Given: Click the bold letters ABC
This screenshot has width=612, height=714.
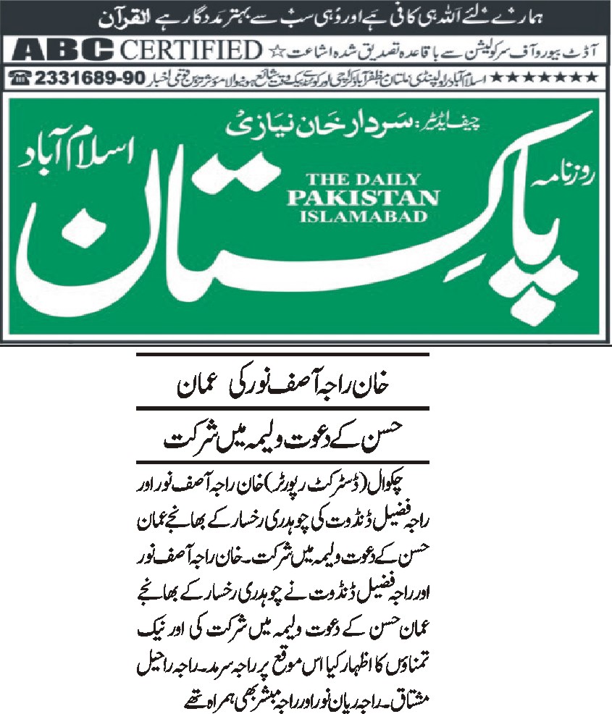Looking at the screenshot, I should point(59,50).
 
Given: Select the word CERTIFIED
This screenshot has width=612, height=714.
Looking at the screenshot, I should point(190,50).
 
